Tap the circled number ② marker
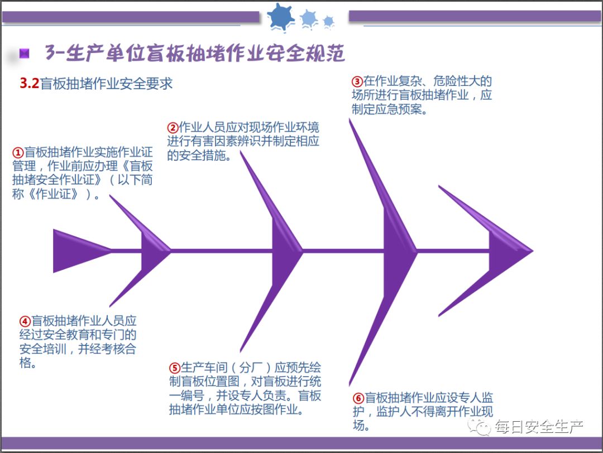point(173,127)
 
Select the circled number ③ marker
point(357,81)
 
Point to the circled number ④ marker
point(25,321)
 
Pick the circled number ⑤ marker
point(174,368)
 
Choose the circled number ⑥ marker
point(358,398)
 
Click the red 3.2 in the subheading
point(29,84)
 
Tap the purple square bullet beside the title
point(24,54)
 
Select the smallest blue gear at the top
point(328,21)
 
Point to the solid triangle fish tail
point(78,251)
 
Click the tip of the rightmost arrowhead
point(532,251)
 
